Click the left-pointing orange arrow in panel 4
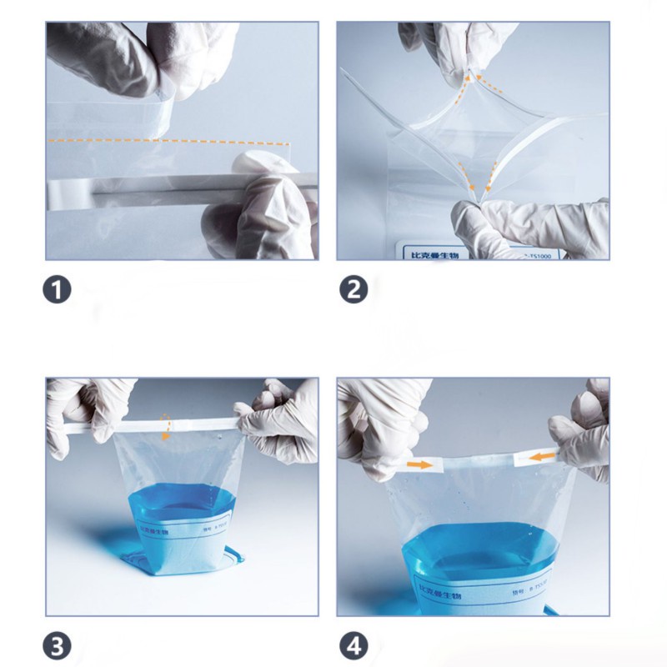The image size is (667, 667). [544, 456]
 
